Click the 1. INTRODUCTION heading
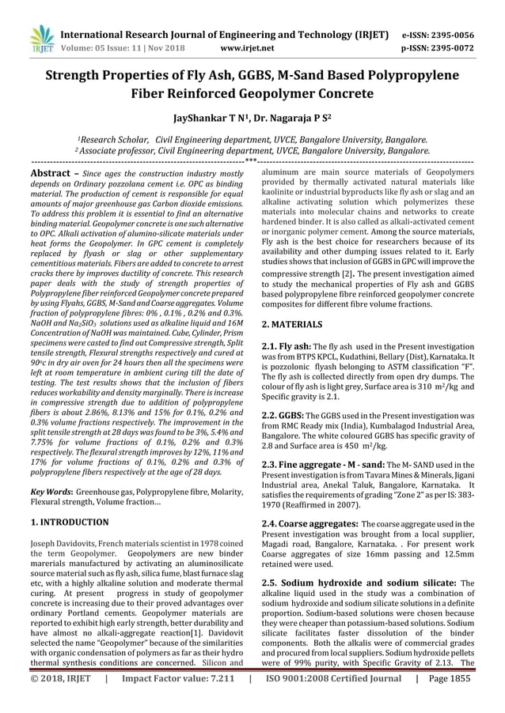point(70,522)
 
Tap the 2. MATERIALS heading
point(292,324)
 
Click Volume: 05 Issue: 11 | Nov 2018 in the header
point(121,47)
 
